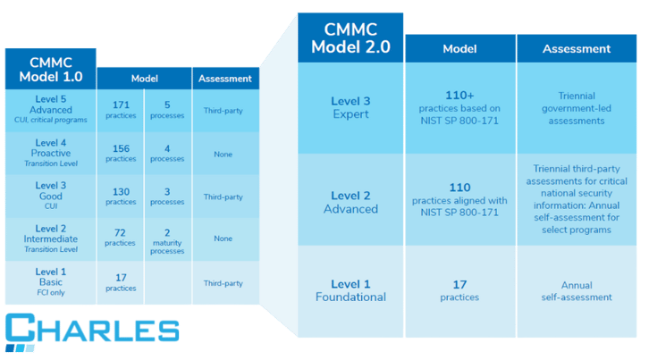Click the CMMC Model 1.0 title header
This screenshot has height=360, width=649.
[x=50, y=69]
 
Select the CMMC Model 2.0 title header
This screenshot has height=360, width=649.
[x=350, y=38]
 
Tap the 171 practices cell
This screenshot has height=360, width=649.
[x=121, y=111]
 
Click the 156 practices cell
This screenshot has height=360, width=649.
[x=121, y=154]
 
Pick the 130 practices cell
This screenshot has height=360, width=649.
[x=121, y=197]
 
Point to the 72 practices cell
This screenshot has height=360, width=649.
[x=121, y=239]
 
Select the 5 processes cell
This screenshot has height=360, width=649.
[x=168, y=111]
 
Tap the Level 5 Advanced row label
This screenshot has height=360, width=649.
[x=50, y=111]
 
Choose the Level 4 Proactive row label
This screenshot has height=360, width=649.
[x=50, y=154]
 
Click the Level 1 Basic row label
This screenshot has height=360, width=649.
[x=50, y=282]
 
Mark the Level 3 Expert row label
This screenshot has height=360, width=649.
[x=350, y=108]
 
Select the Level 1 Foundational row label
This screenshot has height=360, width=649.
[x=350, y=291]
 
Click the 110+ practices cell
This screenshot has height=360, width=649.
[x=459, y=108]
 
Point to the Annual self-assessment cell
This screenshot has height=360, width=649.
[x=577, y=291]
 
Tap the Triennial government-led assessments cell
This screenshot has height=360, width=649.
[x=577, y=108]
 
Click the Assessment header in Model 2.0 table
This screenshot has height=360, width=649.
[x=577, y=48]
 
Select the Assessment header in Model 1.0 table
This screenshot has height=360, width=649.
[x=225, y=79]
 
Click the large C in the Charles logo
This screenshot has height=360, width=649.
[x=21, y=327]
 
